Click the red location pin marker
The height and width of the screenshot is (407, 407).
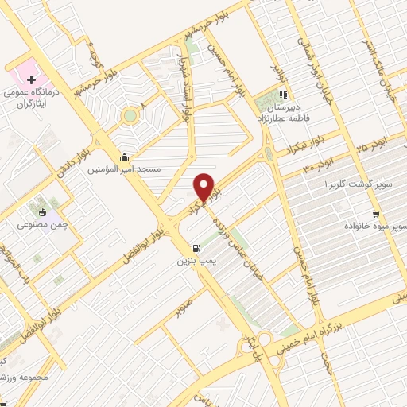pyautogui.click(x=204, y=187)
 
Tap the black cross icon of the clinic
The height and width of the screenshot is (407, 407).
pyautogui.click(x=31, y=79)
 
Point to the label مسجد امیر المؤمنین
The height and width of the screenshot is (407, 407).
pyautogui.click(x=129, y=169)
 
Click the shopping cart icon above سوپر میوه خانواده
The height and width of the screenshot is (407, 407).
pyautogui.click(x=376, y=213)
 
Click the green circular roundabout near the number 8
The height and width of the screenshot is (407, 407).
pyautogui.click(x=129, y=117)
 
